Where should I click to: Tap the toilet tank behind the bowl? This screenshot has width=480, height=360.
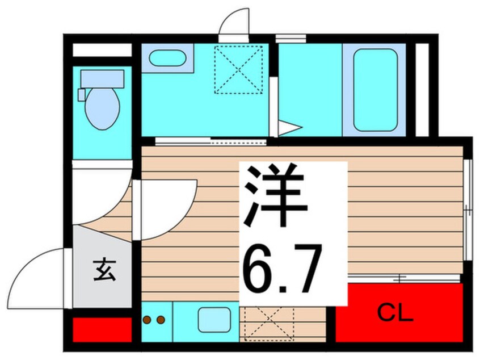(102, 79)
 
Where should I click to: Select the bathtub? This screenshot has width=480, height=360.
(375, 90)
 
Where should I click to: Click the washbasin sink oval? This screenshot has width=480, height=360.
(167, 58)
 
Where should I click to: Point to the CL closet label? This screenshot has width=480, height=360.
(395, 313)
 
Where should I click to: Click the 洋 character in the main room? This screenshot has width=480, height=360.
(276, 196)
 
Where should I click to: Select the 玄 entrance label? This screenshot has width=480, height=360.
(104, 270)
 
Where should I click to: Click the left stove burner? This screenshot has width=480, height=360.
(148, 320)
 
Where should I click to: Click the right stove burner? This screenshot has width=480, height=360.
(161, 320)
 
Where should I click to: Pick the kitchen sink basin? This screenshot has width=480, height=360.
(214, 320)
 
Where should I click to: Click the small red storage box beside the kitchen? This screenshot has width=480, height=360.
(102, 330)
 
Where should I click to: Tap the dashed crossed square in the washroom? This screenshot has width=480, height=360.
(238, 70)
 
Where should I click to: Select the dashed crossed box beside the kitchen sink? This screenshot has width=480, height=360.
(267, 323)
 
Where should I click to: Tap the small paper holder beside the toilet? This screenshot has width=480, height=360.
(82, 95)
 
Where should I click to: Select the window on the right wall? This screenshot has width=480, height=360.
(467, 210)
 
